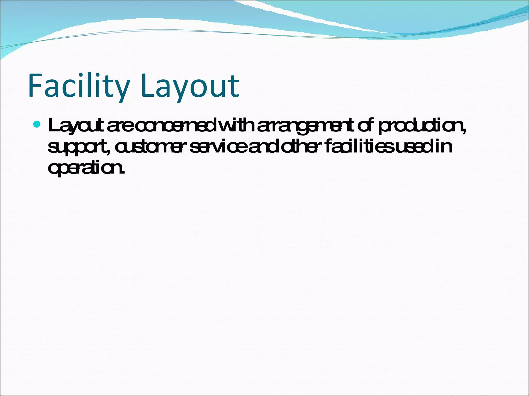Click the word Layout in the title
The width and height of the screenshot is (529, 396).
(x=190, y=86)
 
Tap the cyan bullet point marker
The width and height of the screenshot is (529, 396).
(x=37, y=125)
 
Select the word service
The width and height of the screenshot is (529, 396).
(x=219, y=147)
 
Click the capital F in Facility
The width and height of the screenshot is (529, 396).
(x=36, y=86)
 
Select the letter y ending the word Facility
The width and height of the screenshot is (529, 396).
(x=122, y=89)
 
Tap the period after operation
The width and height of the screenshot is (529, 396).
(x=123, y=172)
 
